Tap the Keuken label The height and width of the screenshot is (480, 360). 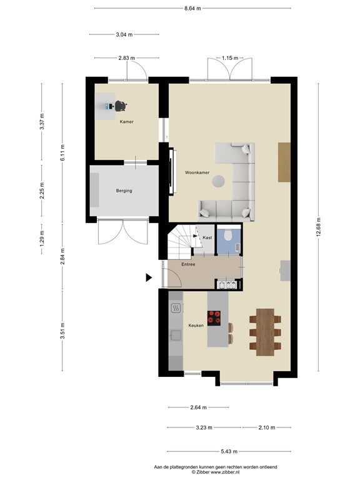click(x=196, y=326)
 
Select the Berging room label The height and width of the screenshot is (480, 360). click(x=124, y=191)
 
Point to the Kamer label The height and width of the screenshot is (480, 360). click(x=127, y=122)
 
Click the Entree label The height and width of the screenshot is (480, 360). click(x=188, y=264)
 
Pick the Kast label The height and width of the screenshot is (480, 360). click(x=206, y=238)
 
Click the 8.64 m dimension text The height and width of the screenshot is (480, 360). click(x=192, y=9)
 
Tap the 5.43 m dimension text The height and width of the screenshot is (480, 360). click(x=229, y=451)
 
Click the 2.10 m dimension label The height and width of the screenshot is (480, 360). click(x=267, y=427)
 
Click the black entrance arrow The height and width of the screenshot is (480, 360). click(x=149, y=277)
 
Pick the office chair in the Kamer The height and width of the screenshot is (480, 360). click(x=120, y=106)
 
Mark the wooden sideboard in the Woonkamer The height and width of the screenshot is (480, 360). click(x=284, y=162)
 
